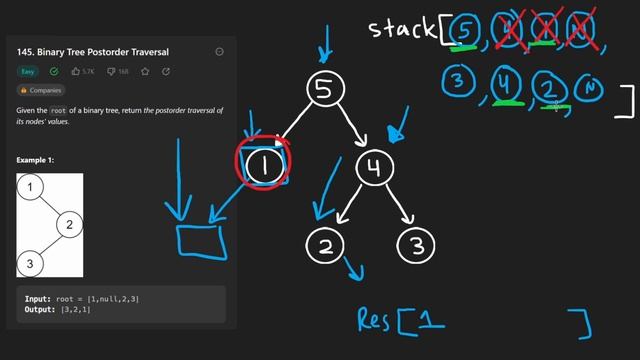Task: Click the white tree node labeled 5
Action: click(323, 90)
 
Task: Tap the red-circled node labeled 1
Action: click(263, 165)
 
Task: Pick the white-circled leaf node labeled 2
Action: click(325, 246)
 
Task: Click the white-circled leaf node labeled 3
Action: click(416, 246)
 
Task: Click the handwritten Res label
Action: click(374, 320)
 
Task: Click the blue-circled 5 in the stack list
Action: click(462, 33)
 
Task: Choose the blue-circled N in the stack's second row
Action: click(591, 88)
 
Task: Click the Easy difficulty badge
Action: click(28, 72)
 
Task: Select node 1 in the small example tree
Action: click(34, 187)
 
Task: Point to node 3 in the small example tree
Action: click(31, 263)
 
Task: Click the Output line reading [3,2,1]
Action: click(61, 309)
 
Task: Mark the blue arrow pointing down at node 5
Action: click(322, 40)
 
